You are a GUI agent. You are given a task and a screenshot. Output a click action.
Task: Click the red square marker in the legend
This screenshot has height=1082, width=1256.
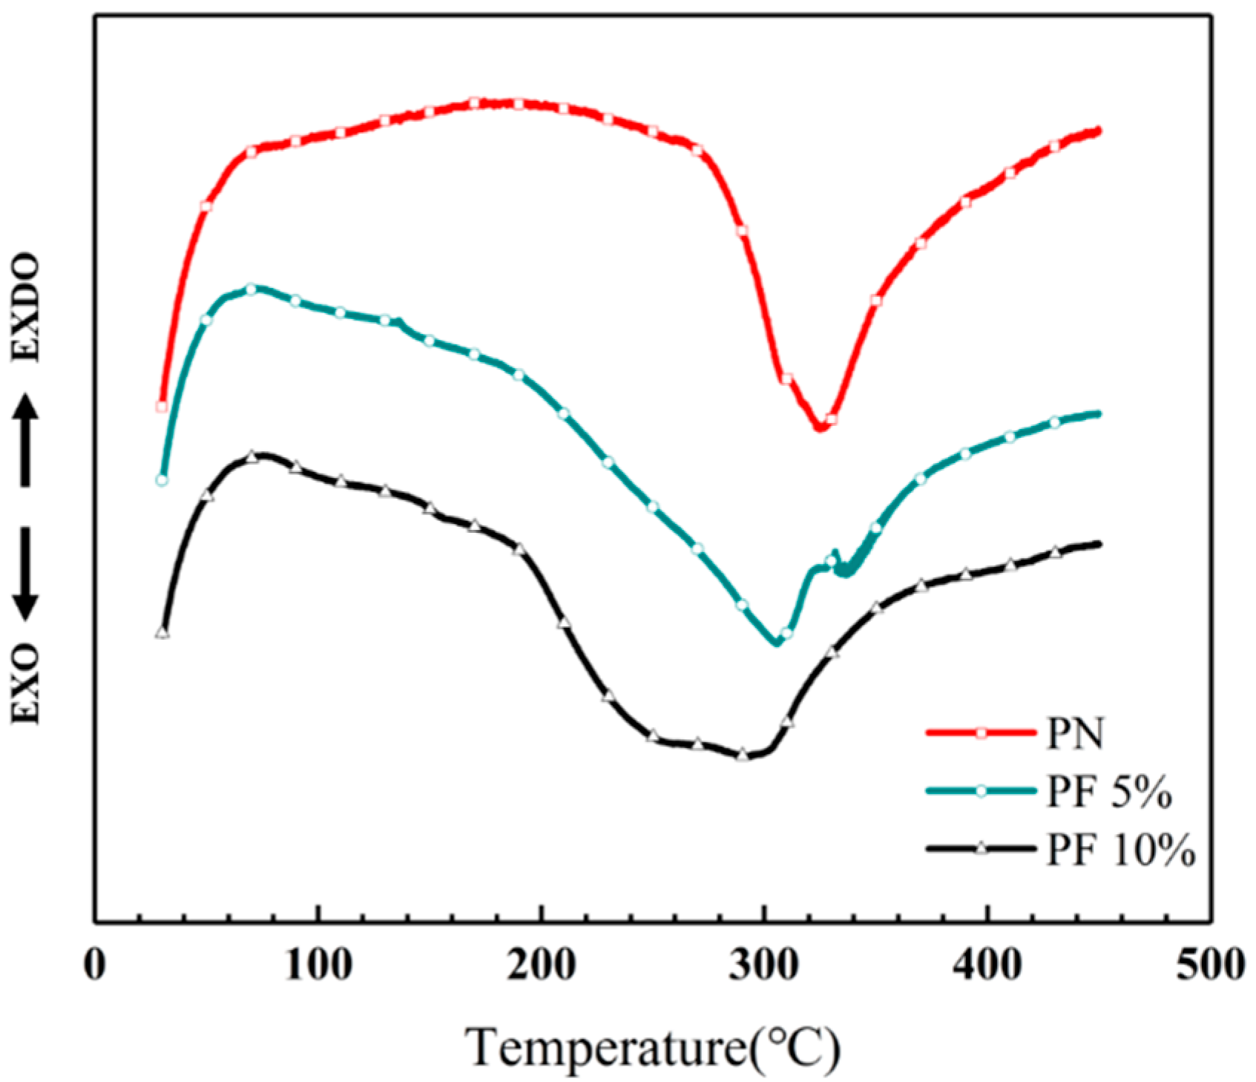point(980,733)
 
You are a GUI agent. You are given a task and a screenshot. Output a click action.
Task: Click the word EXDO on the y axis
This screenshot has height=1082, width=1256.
point(27,308)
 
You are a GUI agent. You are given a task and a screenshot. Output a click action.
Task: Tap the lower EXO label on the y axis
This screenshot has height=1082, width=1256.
point(27,682)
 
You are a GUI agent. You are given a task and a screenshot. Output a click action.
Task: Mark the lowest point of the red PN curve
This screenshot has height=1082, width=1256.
point(820,428)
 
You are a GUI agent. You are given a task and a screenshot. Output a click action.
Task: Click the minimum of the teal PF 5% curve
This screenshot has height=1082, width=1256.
point(777,643)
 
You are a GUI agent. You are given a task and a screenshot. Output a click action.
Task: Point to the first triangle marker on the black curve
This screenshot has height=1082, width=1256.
point(162,632)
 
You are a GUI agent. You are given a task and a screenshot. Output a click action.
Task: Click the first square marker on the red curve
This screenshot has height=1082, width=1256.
point(162,406)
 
